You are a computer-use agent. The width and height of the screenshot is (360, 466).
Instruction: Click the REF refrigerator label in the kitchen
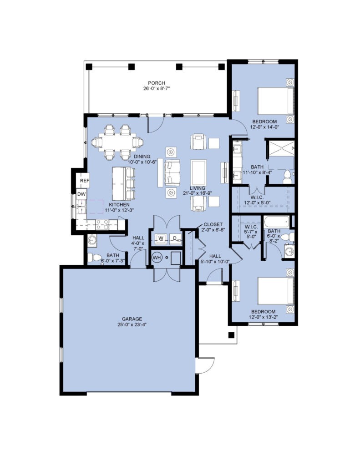(85, 181)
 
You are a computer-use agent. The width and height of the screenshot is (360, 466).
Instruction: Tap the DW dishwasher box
(81, 194)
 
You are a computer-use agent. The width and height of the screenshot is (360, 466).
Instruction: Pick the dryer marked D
(175, 238)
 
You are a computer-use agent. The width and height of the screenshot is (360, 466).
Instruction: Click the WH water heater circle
(157, 258)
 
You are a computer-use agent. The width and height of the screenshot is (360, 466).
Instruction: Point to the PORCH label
(157, 83)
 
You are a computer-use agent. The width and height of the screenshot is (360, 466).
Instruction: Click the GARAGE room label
(132, 319)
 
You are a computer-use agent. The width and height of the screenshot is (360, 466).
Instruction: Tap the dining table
(118, 142)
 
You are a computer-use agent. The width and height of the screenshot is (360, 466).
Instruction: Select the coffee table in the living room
(199, 172)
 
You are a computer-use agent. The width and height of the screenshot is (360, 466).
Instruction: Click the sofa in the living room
(172, 172)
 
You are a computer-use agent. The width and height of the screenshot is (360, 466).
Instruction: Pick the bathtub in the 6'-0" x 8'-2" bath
(276, 222)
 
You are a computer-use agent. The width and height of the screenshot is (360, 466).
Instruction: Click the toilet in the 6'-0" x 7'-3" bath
(95, 258)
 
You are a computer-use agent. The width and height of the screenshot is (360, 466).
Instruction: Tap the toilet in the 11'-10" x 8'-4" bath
(287, 177)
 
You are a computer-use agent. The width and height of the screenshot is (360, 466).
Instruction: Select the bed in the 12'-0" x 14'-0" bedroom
(275, 101)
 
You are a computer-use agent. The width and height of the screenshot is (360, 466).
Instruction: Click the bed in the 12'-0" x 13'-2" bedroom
(275, 291)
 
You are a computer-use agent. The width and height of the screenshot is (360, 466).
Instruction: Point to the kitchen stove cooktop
(102, 225)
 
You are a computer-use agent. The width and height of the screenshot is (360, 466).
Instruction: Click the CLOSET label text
(213, 224)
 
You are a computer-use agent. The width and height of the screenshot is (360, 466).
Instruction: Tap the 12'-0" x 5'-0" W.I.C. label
(257, 199)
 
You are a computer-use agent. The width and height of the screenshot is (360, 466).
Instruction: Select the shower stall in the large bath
(281, 148)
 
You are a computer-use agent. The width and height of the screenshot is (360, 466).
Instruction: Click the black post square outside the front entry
(231, 335)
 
